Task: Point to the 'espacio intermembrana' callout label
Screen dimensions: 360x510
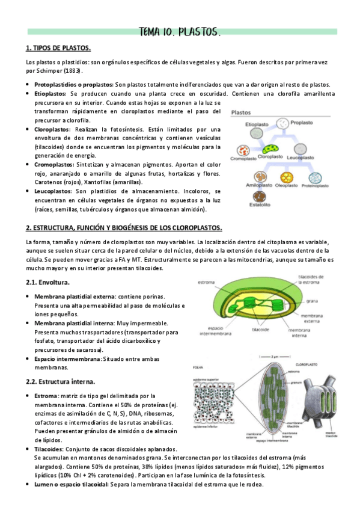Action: point(211,330)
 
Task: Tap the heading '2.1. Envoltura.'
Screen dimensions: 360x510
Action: point(48,282)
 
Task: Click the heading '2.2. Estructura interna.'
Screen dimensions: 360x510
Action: point(60,381)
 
